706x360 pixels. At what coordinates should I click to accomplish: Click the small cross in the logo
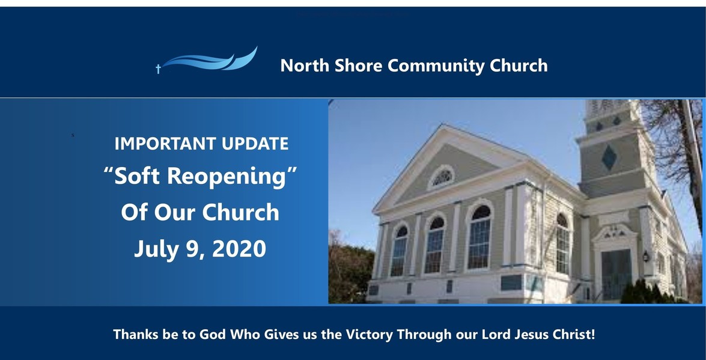pos(158,69)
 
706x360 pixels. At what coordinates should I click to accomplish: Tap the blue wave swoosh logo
pos(210,61)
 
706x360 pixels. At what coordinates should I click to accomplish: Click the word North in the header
pos(302,66)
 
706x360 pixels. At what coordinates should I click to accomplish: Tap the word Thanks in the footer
pos(136,334)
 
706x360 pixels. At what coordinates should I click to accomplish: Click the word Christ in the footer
pos(572,334)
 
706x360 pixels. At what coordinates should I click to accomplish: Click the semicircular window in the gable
pos(443,177)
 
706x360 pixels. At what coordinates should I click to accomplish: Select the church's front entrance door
pos(616,273)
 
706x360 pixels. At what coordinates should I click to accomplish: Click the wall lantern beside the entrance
pos(646,256)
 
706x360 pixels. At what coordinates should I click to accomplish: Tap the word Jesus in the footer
pos(527,334)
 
